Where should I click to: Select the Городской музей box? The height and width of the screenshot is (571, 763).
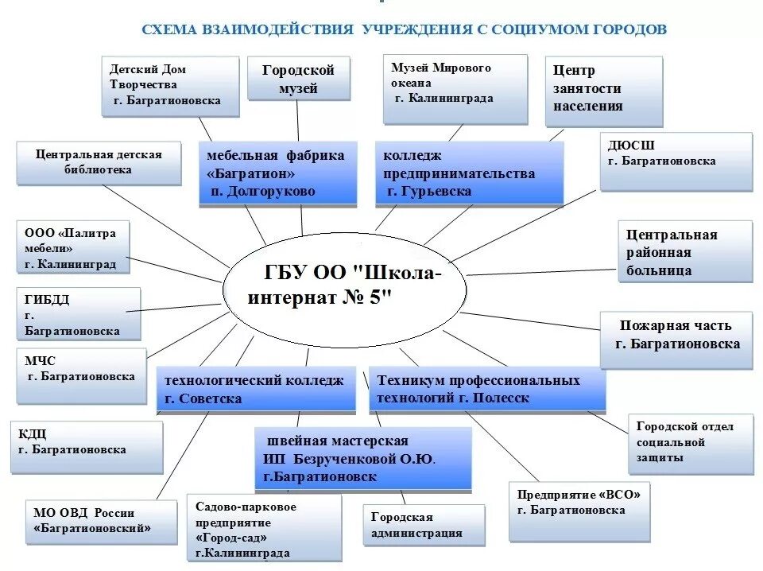click(x=298, y=79)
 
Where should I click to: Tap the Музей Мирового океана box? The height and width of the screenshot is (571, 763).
click(x=455, y=88)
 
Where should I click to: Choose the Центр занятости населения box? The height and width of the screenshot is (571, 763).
click(x=603, y=91)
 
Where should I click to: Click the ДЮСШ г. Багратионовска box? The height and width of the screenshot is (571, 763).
click(x=676, y=161)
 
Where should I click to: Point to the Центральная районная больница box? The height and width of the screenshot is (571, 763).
click(x=684, y=252)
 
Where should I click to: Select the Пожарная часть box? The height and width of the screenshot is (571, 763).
click(x=676, y=339)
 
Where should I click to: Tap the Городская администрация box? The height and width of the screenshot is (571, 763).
click(x=423, y=525)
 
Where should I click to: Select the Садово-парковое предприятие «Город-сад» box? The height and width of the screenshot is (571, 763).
click(x=263, y=529)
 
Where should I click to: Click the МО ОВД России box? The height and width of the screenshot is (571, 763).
click(x=101, y=522)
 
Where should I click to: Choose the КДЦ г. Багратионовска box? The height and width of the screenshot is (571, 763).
click(x=86, y=446)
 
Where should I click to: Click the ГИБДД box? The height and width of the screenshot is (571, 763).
click(x=78, y=314)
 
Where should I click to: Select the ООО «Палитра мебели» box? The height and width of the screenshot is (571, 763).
click(x=72, y=247)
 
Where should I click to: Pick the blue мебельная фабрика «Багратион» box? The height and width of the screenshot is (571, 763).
click(x=275, y=173)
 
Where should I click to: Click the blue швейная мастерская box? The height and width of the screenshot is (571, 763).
click(x=362, y=459)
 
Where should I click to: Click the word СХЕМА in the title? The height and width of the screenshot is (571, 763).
click(x=167, y=29)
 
